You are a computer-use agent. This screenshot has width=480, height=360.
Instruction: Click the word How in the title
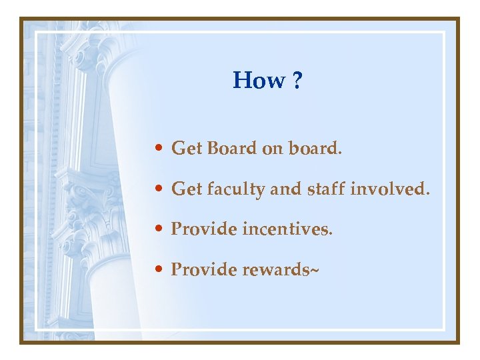pos(258,81)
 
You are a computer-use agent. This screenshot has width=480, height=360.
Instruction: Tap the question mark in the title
pos(296,81)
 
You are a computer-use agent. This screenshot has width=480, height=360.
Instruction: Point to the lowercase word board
pos(314,149)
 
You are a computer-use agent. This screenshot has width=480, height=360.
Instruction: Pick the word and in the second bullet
pos(286,189)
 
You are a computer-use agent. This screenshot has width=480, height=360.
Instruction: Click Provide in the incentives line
pos(204,229)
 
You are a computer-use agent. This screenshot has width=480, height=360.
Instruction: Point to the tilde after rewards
pos(314,270)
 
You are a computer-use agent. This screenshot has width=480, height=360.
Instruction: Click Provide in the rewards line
pos(204,270)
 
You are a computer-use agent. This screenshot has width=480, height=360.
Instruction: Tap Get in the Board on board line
pos(187,149)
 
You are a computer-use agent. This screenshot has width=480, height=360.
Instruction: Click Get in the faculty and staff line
pos(187,190)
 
